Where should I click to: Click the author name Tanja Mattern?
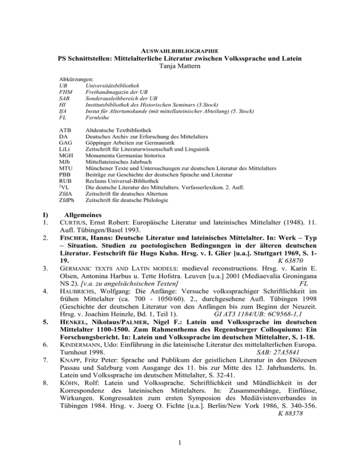click(x=180, y=66)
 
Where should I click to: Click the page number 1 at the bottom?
click(x=180, y=448)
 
